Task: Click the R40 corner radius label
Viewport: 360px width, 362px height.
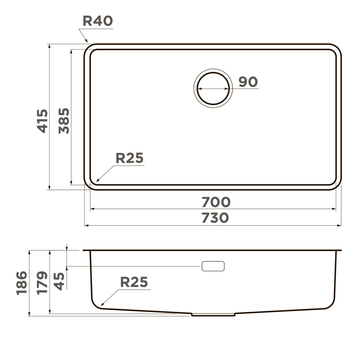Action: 98,21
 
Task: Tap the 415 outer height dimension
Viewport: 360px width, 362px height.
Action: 42,121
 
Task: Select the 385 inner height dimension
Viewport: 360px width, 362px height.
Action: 64,121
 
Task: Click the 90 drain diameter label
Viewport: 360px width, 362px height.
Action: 248,82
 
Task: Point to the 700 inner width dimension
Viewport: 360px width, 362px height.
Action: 216,202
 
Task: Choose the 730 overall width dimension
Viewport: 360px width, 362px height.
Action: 215,218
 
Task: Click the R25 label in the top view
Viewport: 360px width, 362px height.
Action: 130,158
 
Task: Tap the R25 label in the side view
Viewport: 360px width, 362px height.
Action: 134,282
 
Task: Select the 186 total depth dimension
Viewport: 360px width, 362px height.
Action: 22,283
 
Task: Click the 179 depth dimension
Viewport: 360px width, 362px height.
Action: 42,283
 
